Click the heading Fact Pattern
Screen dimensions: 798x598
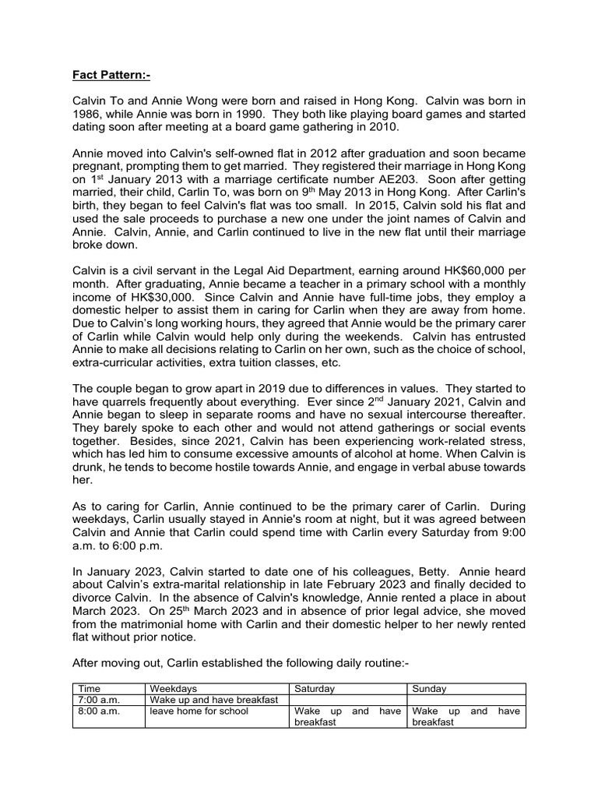point(112,76)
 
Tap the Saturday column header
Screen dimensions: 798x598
point(314,689)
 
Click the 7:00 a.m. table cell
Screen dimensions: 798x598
point(98,700)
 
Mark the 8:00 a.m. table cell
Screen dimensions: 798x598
point(98,711)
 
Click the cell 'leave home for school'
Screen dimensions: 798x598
point(199,711)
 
